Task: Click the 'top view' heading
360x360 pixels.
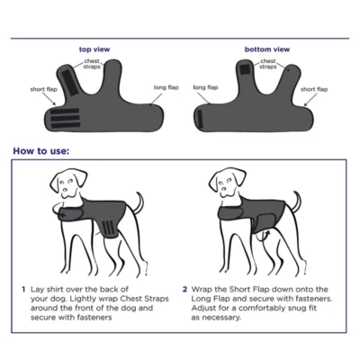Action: pyautogui.click(x=94, y=49)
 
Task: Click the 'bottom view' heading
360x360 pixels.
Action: pyautogui.click(x=267, y=49)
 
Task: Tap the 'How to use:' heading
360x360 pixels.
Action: pyautogui.click(x=41, y=150)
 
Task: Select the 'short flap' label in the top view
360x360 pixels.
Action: pyautogui.click(x=43, y=89)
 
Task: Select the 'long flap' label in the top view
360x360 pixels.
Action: pyautogui.click(x=166, y=87)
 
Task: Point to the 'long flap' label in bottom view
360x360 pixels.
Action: pyautogui.click(x=205, y=87)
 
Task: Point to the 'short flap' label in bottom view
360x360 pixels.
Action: pyautogui.click(x=314, y=89)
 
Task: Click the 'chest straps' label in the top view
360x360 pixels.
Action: pyautogui.click(x=92, y=64)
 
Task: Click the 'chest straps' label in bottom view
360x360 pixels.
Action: pyautogui.click(x=268, y=64)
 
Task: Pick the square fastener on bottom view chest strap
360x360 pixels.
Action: pyautogui.click(x=246, y=69)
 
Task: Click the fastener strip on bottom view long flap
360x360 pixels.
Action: pyautogui.click(x=201, y=120)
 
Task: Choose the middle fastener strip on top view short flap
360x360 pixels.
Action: pyautogui.click(x=65, y=118)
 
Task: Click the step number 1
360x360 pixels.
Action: pyautogui.click(x=23, y=290)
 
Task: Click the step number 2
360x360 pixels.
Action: pyautogui.click(x=185, y=290)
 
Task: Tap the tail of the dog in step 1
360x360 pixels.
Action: pyautogui.click(x=139, y=202)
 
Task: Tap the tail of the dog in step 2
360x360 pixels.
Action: pyautogui.click(x=297, y=202)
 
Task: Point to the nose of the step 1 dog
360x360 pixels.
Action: pyautogui.click(x=64, y=190)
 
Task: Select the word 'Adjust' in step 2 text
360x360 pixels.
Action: pyautogui.click(x=202, y=309)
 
